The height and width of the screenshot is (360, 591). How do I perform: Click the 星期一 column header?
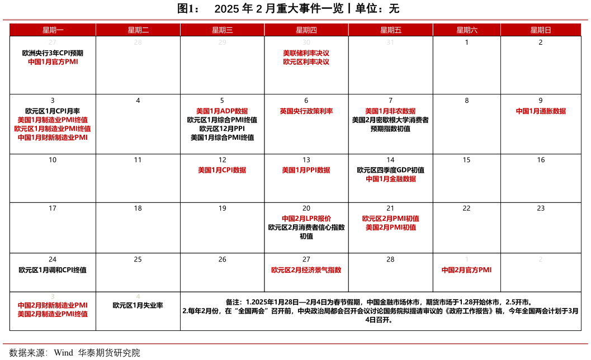(53, 30)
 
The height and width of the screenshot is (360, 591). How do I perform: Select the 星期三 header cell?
(222, 30)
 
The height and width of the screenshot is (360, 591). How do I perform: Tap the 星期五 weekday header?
(390, 30)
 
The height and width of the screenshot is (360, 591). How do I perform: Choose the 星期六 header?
(466, 30)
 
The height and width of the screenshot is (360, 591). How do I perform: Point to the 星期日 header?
(540, 30)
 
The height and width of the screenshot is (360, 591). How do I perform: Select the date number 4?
(138, 296)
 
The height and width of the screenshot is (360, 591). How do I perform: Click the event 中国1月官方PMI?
(53, 62)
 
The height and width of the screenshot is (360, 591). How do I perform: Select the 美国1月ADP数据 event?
(222, 111)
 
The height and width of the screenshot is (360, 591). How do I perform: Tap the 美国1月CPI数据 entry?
(222, 170)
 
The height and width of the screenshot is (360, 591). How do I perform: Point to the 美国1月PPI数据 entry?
(306, 170)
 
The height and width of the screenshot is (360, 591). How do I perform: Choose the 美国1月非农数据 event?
(390, 111)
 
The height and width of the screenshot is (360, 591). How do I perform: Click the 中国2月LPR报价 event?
(306, 219)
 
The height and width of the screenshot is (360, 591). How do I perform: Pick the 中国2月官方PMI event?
(466, 270)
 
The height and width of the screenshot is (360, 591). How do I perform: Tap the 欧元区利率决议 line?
(306, 62)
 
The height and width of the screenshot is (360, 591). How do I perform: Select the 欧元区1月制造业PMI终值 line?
(53, 129)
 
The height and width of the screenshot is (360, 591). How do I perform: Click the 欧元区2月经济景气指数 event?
(306, 270)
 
